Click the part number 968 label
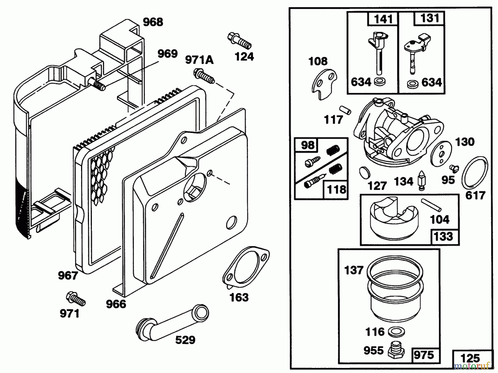coord(153,22)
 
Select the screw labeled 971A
coord(204,76)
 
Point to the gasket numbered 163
coord(246,267)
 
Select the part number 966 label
coord(116,304)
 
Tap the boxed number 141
coord(383,19)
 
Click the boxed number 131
coord(430,18)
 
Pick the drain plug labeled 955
coord(396,350)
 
